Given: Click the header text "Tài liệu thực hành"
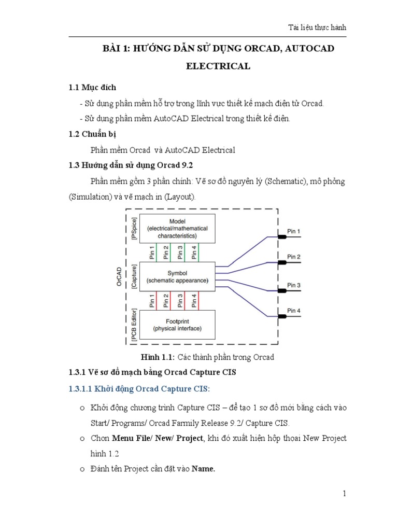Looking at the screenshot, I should coord(317,27).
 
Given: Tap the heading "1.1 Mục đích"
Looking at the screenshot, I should coord(92,87).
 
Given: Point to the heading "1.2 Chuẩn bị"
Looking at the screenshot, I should coord(92,134).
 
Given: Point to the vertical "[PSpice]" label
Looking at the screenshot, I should coord(134,228).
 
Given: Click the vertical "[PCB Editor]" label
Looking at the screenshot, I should coord(134,325).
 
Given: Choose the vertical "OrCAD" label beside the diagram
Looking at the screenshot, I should coord(119,276).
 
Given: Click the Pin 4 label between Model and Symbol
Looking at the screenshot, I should coord(194,253).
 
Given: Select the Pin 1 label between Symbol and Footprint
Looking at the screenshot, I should coord(152,301).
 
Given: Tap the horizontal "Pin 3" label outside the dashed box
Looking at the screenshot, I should coord(294,285).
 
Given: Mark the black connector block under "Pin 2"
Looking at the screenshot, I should coord(282,262).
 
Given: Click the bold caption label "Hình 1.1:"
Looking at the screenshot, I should coord(158,357).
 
